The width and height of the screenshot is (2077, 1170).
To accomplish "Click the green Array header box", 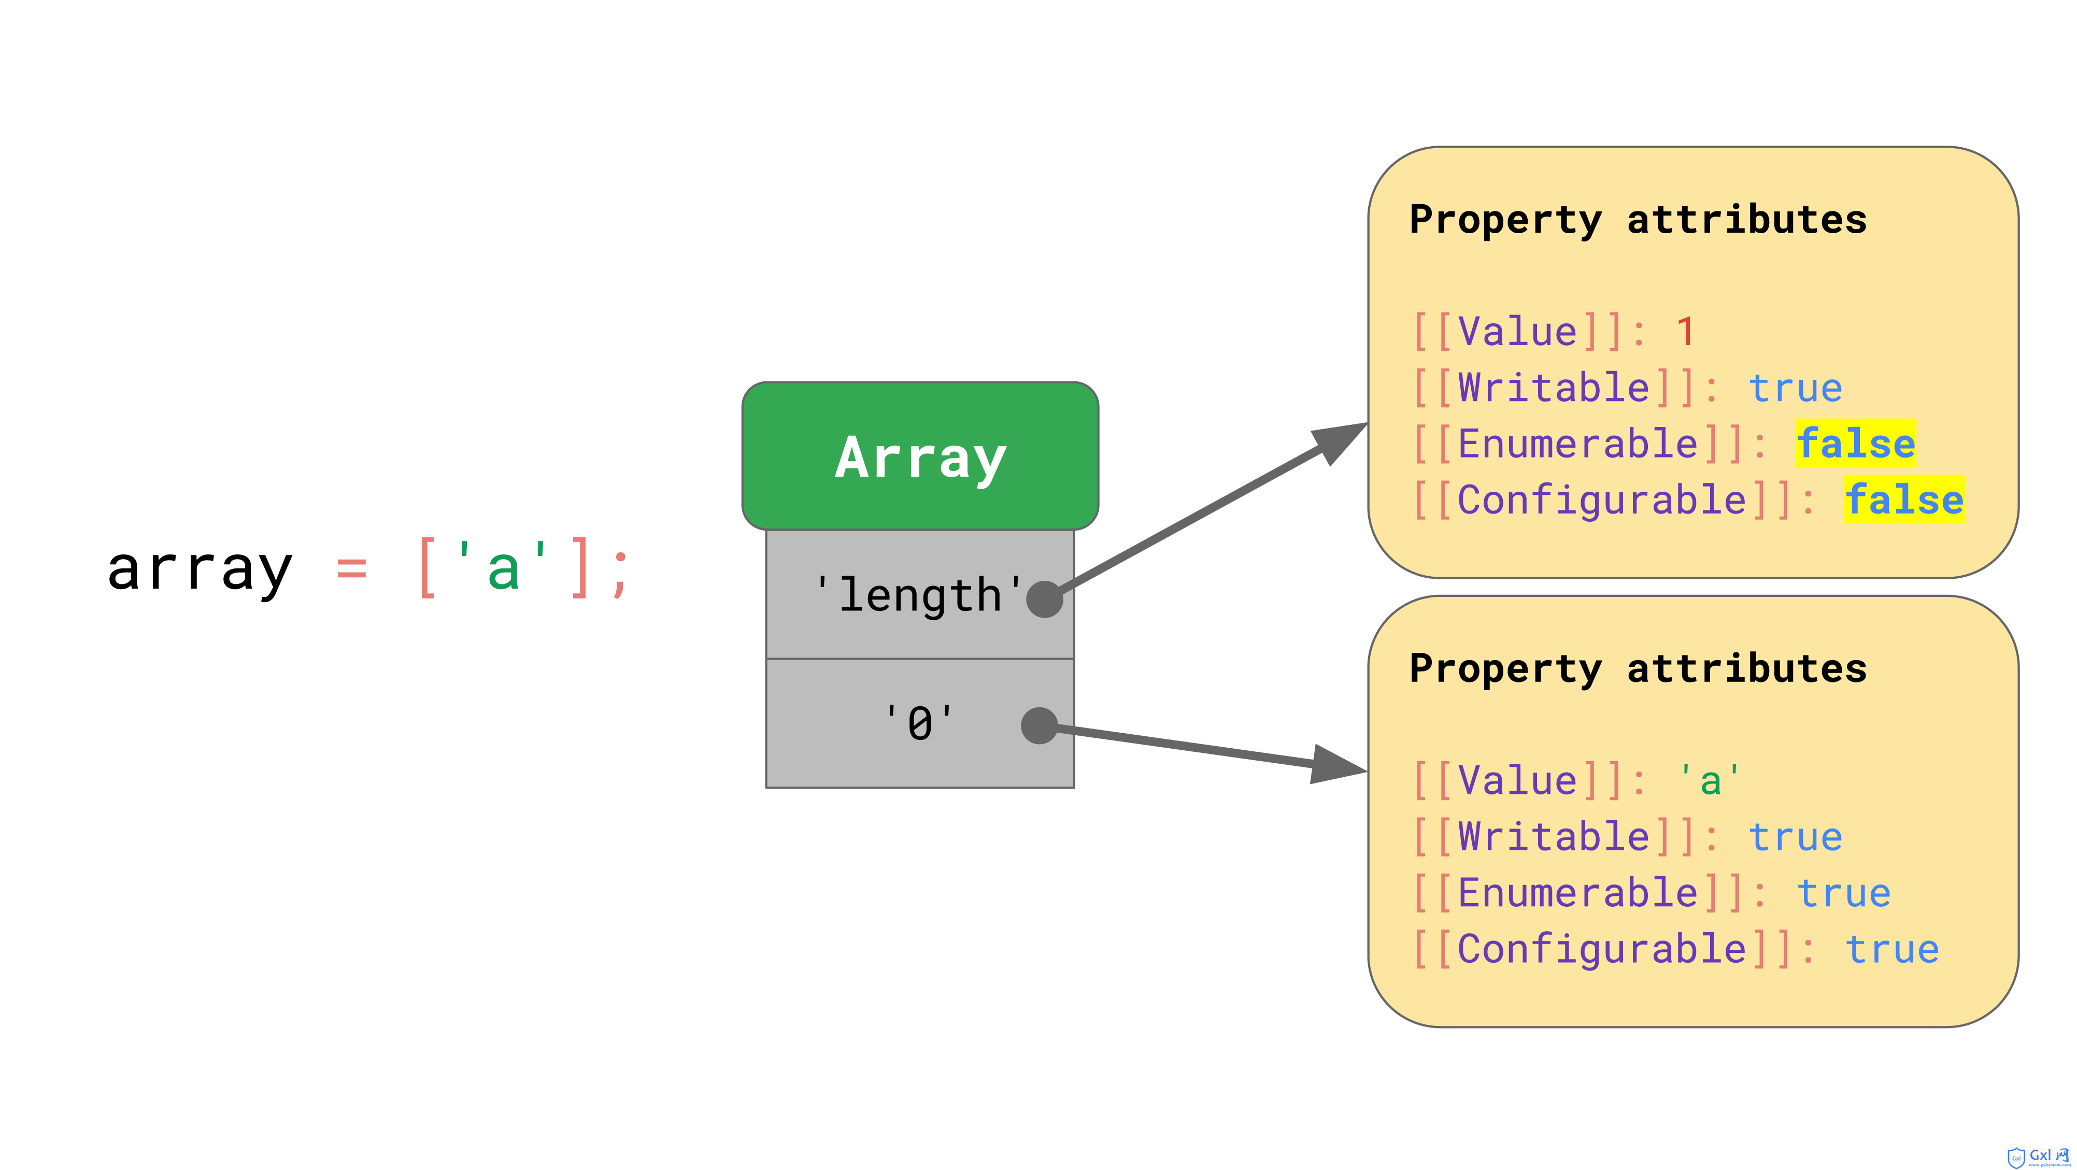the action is pyautogui.click(x=920, y=455).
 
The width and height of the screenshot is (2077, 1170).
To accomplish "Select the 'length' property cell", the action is pyautogui.click(x=920, y=594).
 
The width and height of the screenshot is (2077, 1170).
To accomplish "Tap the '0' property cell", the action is pyautogui.click(x=920, y=723).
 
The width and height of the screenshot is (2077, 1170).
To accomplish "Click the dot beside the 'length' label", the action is pyautogui.click(x=1044, y=599).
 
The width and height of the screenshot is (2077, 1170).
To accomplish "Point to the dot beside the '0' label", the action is pyautogui.click(x=1040, y=726).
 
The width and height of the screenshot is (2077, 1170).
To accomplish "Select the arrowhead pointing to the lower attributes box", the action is pyautogui.click(x=1339, y=764).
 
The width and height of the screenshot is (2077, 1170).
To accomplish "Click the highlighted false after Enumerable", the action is pyautogui.click(x=1855, y=444).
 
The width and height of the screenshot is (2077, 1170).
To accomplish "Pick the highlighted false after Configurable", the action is pyautogui.click(x=1903, y=499).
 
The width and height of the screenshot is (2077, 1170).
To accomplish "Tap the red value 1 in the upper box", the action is pyautogui.click(x=1685, y=332).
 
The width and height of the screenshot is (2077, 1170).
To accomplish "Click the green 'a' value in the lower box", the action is pyautogui.click(x=1710, y=780).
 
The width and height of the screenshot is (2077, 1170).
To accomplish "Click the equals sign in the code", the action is pyautogui.click(x=351, y=570).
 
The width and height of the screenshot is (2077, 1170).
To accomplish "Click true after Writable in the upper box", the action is pyautogui.click(x=1795, y=389).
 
